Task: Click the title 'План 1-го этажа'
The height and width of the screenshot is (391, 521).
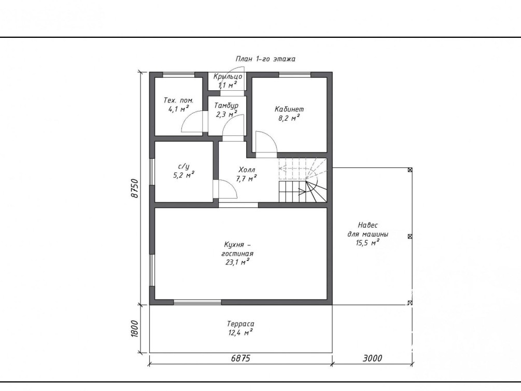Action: coord(265,59)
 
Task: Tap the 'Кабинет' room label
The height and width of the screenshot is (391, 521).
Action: coord(289,109)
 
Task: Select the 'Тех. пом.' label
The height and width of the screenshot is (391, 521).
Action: coord(178,101)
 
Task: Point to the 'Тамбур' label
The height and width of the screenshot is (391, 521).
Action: coord(226,106)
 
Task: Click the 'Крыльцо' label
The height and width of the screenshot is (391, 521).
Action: coord(228,77)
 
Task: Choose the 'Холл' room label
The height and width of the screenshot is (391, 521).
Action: coord(247,170)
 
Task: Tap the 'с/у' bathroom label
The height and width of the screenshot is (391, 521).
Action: coord(184,166)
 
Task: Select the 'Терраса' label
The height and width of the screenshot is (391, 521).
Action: coord(241,324)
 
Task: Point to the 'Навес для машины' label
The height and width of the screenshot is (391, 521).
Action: coord(368,229)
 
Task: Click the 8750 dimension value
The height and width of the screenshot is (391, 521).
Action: coord(135,189)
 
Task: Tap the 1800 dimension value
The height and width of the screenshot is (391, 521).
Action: coord(134,329)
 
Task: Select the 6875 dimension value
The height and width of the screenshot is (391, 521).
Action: coord(241,358)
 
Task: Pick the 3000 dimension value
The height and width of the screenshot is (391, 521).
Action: coord(372,358)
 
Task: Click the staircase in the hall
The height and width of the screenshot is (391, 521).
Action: coord(303,180)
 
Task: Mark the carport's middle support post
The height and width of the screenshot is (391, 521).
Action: coord(410,236)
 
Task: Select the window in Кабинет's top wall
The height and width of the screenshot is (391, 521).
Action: coord(295,75)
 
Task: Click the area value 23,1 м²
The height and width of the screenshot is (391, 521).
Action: coord(237,262)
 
